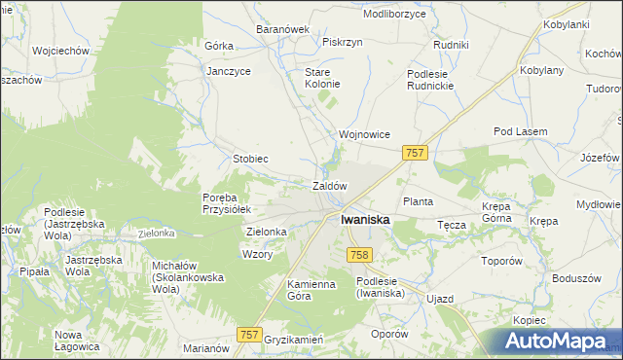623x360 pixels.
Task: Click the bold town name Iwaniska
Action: tap(365, 220)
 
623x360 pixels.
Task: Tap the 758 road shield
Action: tap(358, 254)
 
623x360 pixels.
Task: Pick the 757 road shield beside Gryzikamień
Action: tap(250, 334)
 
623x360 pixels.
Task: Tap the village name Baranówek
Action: tap(282, 29)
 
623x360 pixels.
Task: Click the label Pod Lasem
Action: tap(521, 131)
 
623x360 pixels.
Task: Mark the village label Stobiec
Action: tap(250, 158)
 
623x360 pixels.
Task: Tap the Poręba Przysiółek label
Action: tap(227, 202)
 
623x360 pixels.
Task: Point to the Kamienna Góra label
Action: tap(284, 289)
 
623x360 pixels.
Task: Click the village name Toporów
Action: tap(503, 262)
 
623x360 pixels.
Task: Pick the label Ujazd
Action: tap(440, 299)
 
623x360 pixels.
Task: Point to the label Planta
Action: tap(418, 201)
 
